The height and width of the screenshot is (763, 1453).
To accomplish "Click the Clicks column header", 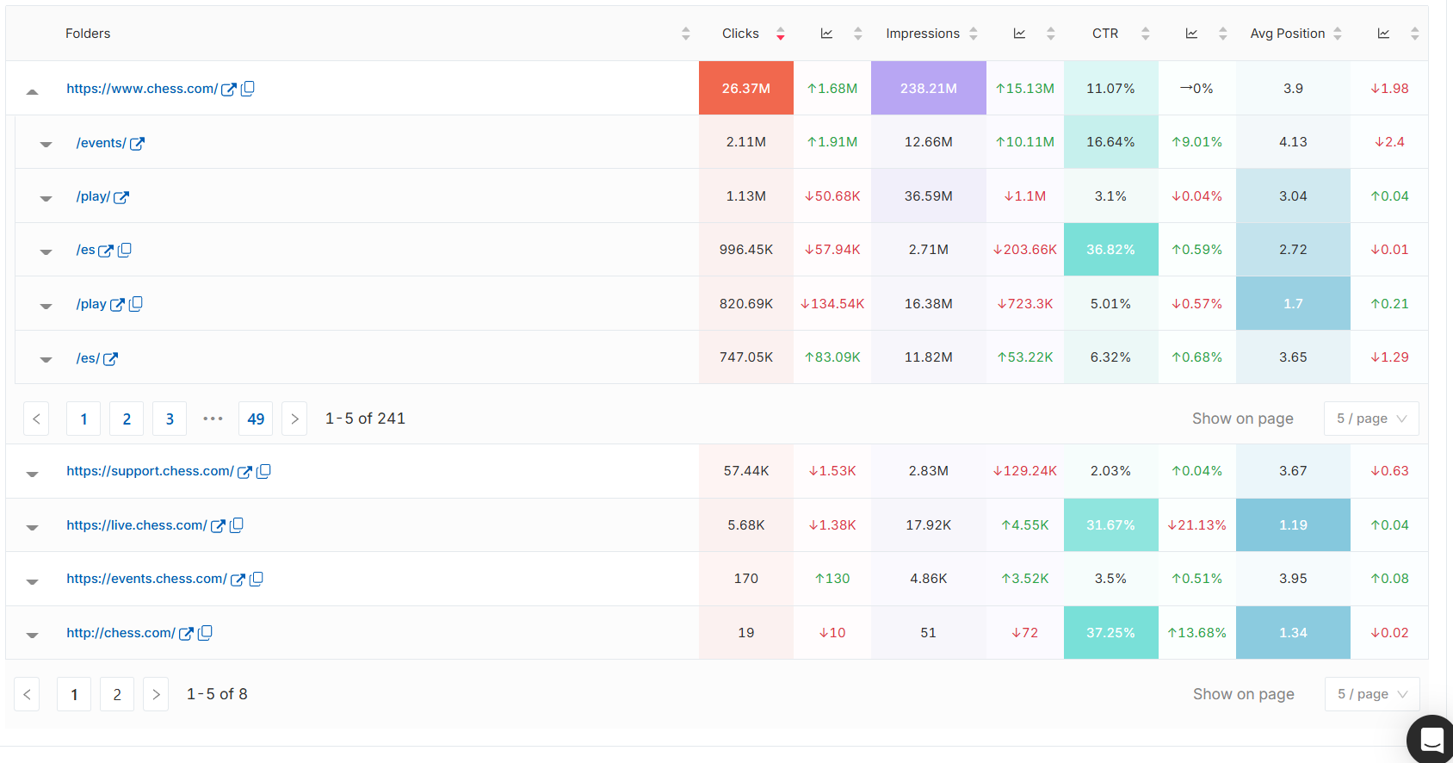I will (740, 34).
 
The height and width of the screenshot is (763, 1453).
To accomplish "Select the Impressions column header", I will (922, 34).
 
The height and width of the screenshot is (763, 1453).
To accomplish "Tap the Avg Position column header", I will (1287, 34).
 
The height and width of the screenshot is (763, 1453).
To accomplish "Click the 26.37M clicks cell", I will (745, 88).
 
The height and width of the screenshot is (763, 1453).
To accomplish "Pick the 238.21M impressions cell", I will (928, 88).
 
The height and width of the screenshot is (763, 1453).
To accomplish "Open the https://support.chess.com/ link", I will (150, 471).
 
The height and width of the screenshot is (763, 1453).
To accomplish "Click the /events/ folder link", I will (101, 143).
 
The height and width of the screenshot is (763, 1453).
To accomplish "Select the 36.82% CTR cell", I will (1110, 250).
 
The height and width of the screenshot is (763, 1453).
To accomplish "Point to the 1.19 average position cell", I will (1292, 525).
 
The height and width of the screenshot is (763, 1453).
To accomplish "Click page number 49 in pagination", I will (256, 419).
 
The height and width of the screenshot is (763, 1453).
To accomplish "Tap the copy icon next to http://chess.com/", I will (205, 633).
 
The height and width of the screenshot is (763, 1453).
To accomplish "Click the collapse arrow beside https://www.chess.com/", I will (32, 90).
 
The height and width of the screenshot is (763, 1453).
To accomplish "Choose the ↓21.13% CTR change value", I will (1196, 525).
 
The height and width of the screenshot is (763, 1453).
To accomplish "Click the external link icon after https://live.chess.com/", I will (218, 526).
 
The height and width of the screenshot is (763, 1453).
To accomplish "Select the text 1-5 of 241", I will (365, 419).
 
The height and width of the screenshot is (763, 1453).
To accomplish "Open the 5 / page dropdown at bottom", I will (1371, 694).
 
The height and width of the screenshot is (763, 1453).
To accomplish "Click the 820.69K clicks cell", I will (745, 304).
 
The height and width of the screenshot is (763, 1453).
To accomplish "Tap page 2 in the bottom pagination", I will (117, 694).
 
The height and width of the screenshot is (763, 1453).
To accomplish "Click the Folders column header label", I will (88, 34).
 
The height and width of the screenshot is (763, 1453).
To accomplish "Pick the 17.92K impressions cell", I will (928, 525).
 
